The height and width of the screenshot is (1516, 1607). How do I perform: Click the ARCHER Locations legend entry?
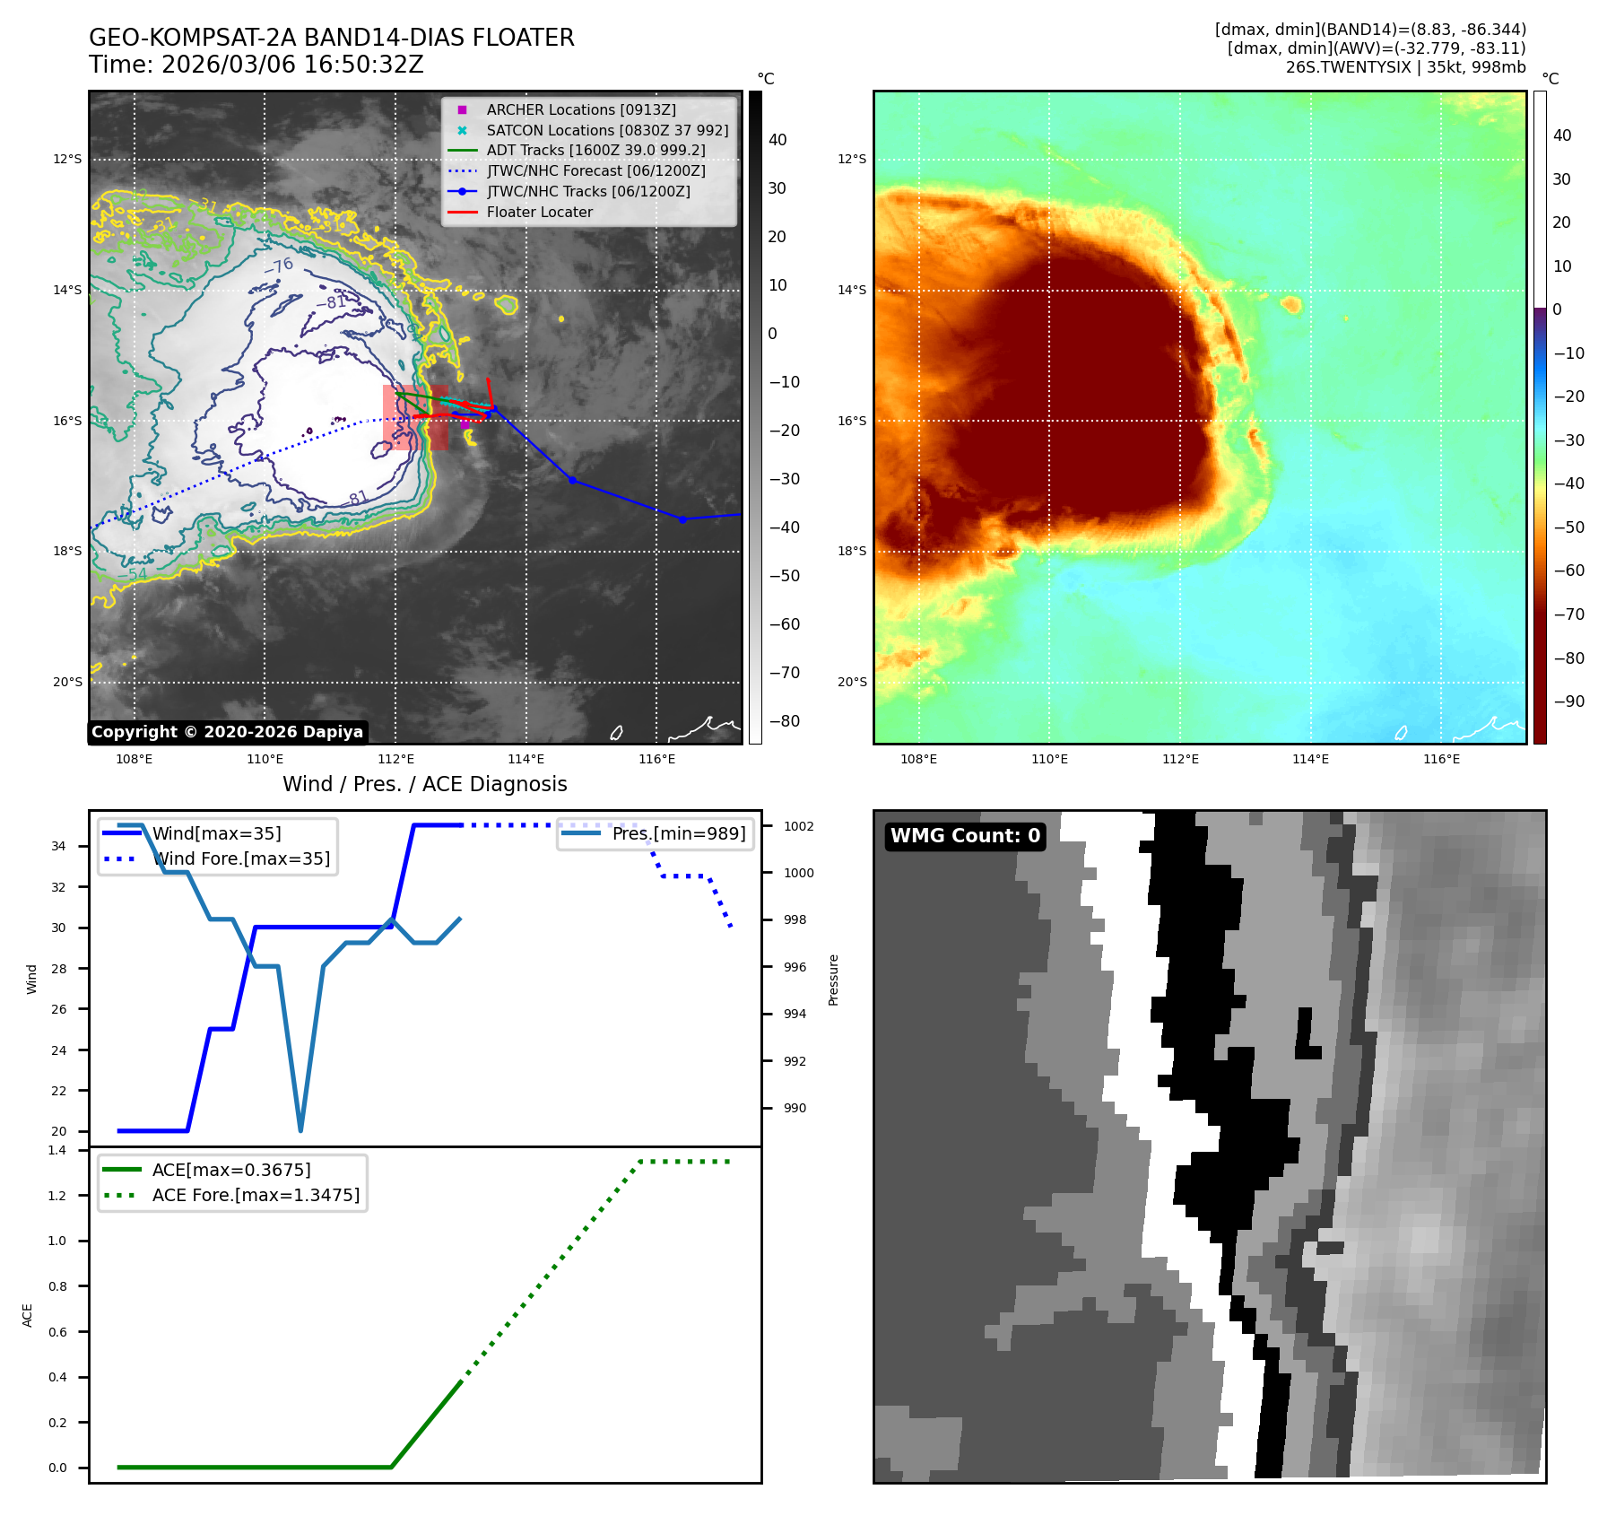pos(580,109)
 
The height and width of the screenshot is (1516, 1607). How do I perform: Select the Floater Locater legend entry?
pos(539,213)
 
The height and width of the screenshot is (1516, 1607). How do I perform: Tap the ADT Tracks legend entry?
pos(595,151)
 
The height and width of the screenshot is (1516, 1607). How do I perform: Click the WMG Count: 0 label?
pos(965,836)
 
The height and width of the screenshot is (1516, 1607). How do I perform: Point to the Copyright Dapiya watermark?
pos(227,732)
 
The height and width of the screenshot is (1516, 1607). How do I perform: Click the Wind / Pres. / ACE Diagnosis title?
pos(424,784)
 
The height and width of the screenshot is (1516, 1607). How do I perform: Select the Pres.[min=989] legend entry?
pos(678,833)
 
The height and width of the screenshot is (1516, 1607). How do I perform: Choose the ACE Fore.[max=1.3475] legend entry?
pos(256,1195)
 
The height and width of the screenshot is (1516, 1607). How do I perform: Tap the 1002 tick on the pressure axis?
pos(798,826)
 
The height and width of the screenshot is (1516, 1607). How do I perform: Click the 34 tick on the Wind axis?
pos(58,846)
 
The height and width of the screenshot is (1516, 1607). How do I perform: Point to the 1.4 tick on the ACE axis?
pos(57,1150)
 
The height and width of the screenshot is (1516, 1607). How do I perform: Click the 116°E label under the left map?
pos(656,760)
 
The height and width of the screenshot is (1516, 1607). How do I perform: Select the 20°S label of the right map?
pos(852,683)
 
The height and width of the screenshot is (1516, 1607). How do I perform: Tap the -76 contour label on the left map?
pos(278,266)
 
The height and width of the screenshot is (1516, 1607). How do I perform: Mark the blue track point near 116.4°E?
pos(682,519)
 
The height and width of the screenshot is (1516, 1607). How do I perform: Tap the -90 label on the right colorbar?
pos(1568,701)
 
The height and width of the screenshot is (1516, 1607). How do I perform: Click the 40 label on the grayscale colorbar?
pos(777,140)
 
